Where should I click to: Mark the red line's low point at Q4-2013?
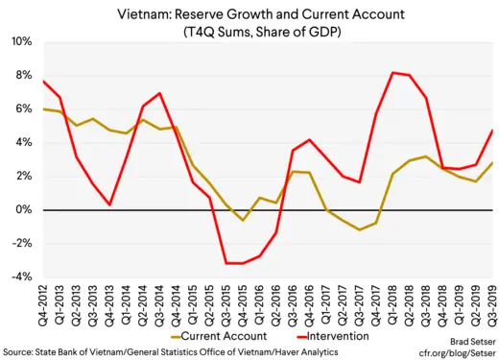pos(111,204)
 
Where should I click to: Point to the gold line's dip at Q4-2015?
pos(244,220)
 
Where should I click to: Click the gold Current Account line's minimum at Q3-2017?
pos(359,229)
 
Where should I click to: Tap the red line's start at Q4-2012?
pos(43,81)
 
